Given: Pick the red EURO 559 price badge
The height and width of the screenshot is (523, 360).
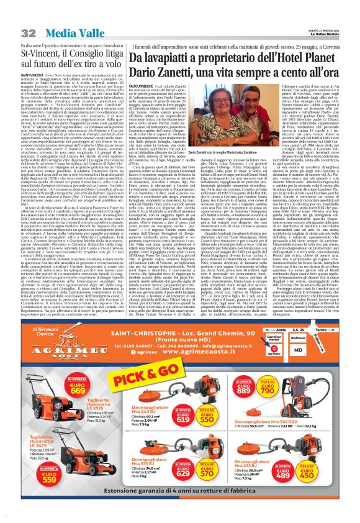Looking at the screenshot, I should (x=19, y=443).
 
